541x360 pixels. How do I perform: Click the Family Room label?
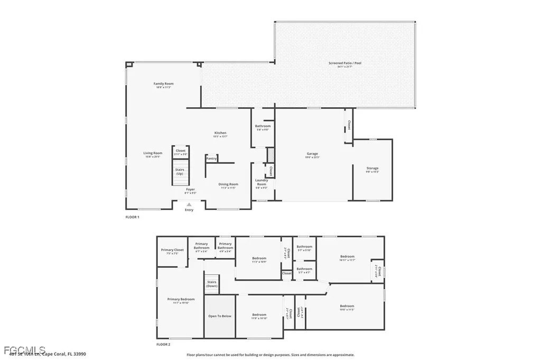pyautogui.click(x=164, y=84)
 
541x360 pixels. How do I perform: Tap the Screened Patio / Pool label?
pyautogui.click(x=345, y=63)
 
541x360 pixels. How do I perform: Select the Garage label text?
pyautogui.click(x=311, y=154)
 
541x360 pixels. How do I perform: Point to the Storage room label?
pyautogui.click(x=372, y=168)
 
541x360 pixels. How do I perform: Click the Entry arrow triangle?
pyautogui.click(x=189, y=204)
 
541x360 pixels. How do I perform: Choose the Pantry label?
pyautogui.click(x=211, y=158)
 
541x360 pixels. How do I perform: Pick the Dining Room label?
pyautogui.click(x=228, y=184)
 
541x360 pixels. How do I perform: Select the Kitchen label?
pyautogui.click(x=220, y=133)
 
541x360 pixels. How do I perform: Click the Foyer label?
pyautogui.click(x=190, y=189)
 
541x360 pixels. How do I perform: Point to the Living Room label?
pyautogui.click(x=153, y=154)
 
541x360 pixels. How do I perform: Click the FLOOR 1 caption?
pyautogui.click(x=132, y=217)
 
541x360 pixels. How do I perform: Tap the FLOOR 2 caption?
pyautogui.click(x=163, y=344)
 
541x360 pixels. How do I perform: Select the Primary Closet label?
pyautogui.click(x=172, y=250)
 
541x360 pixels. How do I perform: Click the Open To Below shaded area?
pyautogui.click(x=219, y=317)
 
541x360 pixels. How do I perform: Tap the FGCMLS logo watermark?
pyautogui.click(x=24, y=350)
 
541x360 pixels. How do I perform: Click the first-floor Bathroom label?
pyautogui.click(x=263, y=126)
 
